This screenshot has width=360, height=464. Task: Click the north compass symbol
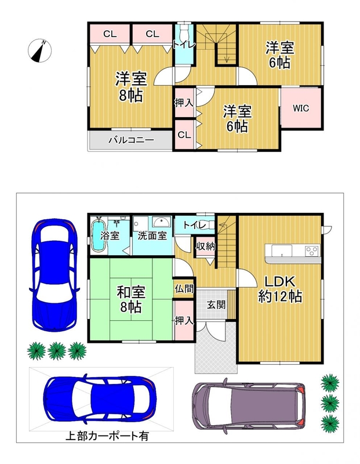pyautogui.click(x=39, y=50)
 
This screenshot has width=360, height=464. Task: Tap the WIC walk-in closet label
pyautogui.click(x=301, y=108)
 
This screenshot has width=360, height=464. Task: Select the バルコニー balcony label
pyautogui.click(x=131, y=140)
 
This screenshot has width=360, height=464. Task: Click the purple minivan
pyautogui.click(x=248, y=405)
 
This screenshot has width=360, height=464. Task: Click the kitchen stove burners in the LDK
pyautogui.click(x=312, y=251)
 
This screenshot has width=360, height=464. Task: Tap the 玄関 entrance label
pyautogui.click(x=216, y=305)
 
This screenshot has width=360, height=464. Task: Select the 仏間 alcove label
pyautogui.click(x=184, y=288)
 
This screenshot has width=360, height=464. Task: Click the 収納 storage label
pyautogui.click(x=205, y=245)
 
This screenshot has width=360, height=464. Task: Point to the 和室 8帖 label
pyautogui.click(x=131, y=299)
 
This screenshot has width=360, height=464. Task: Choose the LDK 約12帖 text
pyautogui.click(x=280, y=289)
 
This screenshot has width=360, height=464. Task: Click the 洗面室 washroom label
pyautogui.click(x=152, y=235)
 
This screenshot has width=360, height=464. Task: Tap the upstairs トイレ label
pyautogui.click(x=184, y=45)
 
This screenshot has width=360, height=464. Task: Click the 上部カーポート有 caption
pyautogui.click(x=107, y=436)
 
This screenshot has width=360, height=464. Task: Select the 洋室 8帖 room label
pyautogui.click(x=131, y=86)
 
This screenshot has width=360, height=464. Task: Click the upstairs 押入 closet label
pyautogui.click(x=184, y=103)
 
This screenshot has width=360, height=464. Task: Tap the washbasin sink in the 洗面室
pyautogui.click(x=161, y=222)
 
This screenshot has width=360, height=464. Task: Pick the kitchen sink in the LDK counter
pyautogui.click(x=282, y=251)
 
